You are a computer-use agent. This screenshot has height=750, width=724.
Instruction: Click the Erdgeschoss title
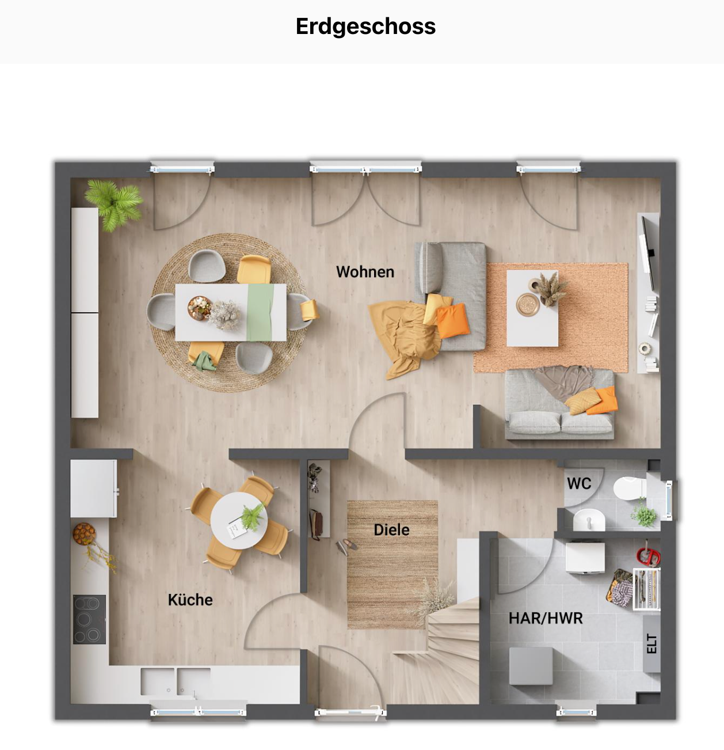[365, 26]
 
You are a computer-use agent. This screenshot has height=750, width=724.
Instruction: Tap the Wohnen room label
[365, 272]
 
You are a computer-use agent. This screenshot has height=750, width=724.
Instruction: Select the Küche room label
[190, 600]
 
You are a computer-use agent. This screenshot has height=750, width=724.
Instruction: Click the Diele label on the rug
[391, 530]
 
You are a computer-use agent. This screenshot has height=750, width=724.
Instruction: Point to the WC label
[578, 483]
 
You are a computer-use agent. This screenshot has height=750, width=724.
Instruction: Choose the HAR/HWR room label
[545, 618]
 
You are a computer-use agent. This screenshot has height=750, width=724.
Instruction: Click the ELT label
[651, 643]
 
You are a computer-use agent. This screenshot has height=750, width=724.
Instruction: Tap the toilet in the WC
[628, 488]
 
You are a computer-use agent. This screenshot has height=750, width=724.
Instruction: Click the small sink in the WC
[589, 520]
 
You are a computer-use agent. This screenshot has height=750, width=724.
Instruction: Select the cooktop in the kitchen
[89, 619]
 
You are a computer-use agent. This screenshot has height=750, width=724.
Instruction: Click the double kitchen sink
[176, 681]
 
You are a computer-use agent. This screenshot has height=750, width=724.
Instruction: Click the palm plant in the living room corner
[114, 203]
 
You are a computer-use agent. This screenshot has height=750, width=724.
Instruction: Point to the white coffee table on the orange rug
[532, 308]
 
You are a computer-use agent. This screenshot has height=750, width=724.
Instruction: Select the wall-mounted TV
[650, 253]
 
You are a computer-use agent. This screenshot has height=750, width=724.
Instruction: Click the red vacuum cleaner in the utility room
[647, 556]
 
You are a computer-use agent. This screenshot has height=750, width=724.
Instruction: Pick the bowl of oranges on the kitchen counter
[84, 533]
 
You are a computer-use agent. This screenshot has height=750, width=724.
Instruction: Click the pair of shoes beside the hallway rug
[346, 546]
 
